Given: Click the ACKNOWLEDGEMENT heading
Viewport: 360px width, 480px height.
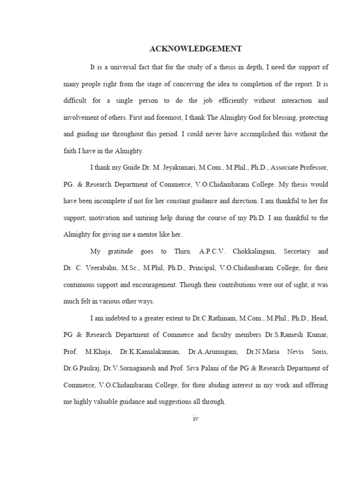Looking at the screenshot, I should click(195, 49).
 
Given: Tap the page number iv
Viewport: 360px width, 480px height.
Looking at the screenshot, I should click(196, 419).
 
